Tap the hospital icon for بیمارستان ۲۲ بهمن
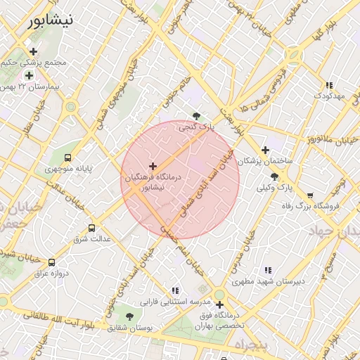pos(29,75)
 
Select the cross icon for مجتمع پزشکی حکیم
pos(33,51)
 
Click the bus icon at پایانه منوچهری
pos(67,158)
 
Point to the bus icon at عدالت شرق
pos(91,229)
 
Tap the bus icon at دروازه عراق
pos(51,262)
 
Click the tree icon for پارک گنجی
pos(196,117)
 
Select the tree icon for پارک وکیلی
pos(274,177)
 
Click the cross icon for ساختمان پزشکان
pos(264,150)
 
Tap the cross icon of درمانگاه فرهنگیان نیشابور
pos(153,166)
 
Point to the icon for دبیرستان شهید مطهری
pos(268,270)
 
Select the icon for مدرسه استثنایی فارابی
pos(175,290)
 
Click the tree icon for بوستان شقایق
pos(129,316)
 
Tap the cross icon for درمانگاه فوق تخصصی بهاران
pos(220,305)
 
